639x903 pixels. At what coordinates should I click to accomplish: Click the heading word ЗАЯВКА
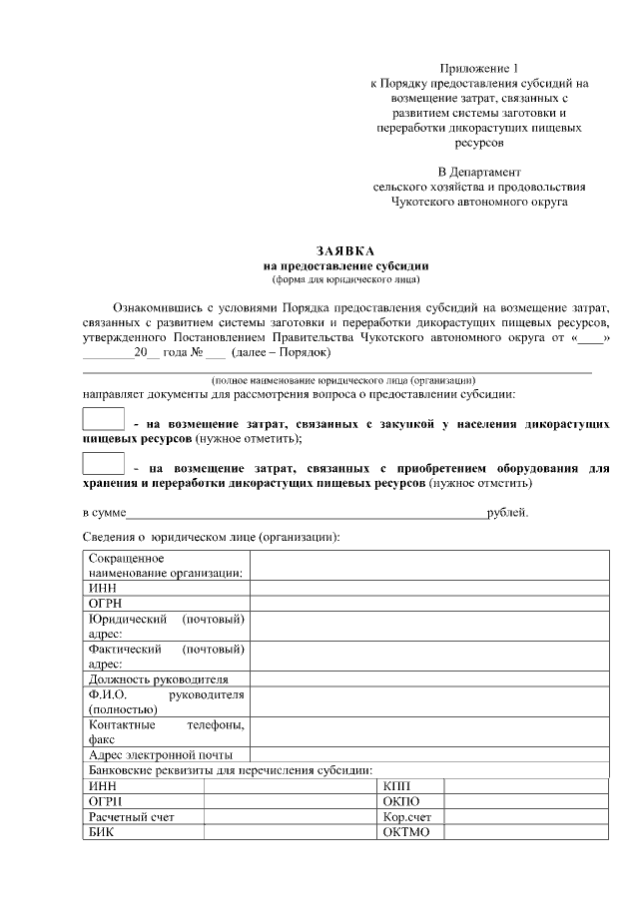[345, 250]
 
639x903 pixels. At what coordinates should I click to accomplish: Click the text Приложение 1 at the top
[479, 68]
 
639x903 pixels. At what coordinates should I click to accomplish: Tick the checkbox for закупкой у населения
[103, 420]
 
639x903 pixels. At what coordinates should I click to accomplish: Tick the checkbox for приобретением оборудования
[103, 464]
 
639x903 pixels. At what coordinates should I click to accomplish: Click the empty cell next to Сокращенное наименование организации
[428, 565]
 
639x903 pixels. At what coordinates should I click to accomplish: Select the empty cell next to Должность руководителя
[428, 679]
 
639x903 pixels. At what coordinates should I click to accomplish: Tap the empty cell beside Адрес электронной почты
[428, 755]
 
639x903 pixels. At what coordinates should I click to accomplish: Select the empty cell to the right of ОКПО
[525, 801]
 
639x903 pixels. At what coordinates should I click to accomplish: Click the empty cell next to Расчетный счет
[290, 816]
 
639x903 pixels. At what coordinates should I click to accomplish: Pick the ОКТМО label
[405, 832]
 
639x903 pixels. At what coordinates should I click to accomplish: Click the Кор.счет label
[406, 816]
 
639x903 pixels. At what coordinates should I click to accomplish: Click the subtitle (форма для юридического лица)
[345, 279]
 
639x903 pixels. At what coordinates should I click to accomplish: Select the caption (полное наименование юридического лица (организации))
[329, 380]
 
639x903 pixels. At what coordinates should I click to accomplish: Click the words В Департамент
[479, 172]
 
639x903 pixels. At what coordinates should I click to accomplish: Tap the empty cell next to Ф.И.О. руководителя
[428, 701]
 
